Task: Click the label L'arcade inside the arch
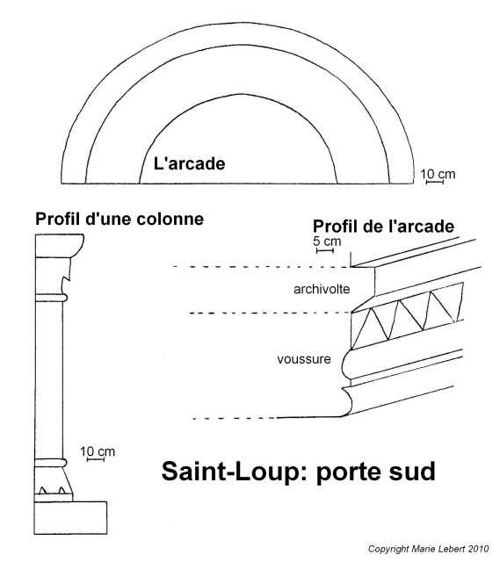[190, 164]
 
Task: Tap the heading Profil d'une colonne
[120, 219]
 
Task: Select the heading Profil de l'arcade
[383, 227]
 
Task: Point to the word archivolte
[322, 289]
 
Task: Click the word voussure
[304, 359]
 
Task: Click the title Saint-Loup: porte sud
[299, 472]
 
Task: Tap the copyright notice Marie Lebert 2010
[428, 549]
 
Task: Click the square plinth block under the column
[70, 518]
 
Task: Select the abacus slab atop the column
[60, 246]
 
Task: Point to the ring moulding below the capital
[51, 299]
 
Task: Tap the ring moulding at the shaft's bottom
[51, 463]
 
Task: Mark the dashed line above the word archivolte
[262, 267]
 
